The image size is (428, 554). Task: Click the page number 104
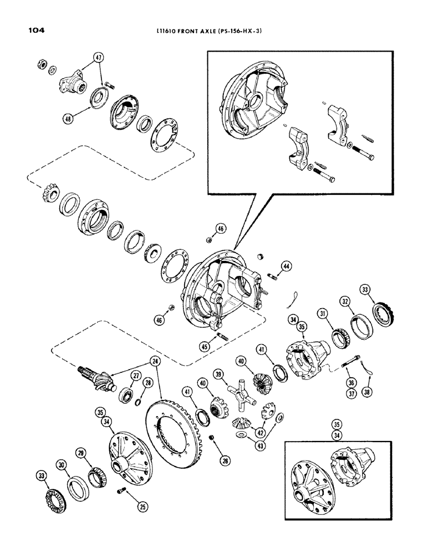(34, 31)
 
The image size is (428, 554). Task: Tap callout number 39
(220, 376)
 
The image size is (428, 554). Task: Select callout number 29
(83, 454)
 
